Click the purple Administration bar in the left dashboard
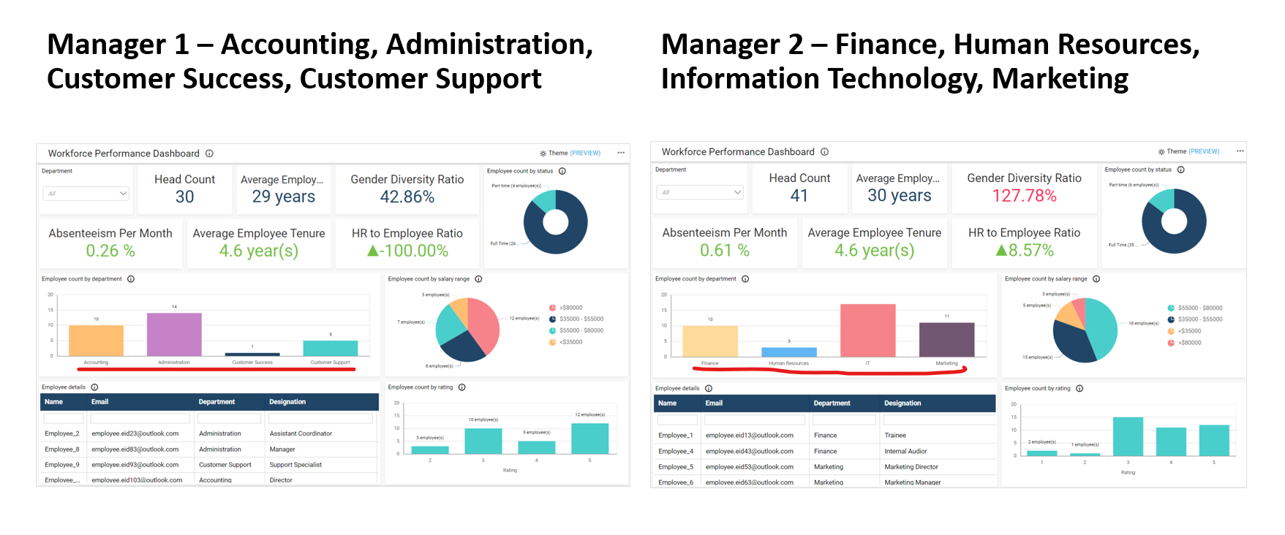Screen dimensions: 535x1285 [174, 335]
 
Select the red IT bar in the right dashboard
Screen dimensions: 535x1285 [867, 330]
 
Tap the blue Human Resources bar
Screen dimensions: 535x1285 [788, 352]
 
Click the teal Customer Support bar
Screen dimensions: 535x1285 [331, 349]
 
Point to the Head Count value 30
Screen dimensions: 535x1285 [185, 197]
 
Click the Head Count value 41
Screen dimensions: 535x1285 [799, 196]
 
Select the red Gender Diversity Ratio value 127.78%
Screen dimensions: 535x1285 [1024, 196]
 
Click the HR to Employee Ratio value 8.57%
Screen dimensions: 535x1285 [1025, 251]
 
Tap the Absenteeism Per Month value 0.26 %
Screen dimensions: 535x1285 [110, 251]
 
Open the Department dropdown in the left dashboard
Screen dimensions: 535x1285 [86, 194]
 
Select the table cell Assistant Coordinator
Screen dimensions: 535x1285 [301, 433]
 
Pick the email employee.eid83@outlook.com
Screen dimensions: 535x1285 [135, 449]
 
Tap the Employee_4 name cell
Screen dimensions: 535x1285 [676, 451]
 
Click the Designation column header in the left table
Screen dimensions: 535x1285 [287, 402]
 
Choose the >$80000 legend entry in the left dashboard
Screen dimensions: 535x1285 [570, 308]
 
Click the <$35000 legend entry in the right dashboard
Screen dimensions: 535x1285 [1188, 331]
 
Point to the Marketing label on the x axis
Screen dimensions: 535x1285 [946, 363]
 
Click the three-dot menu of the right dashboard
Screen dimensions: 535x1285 [1240, 151]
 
